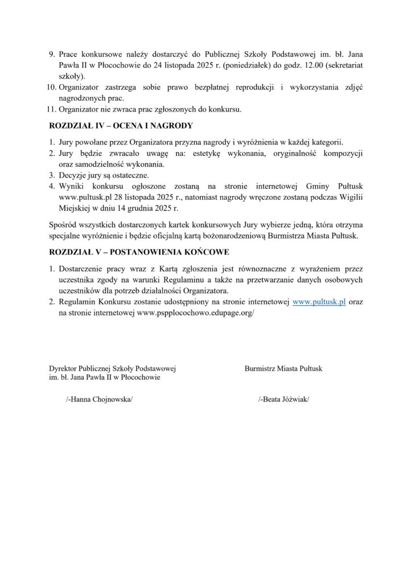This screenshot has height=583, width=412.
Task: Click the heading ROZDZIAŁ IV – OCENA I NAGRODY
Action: [121, 125]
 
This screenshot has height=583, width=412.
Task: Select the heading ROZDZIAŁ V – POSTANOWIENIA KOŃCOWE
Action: [139, 252]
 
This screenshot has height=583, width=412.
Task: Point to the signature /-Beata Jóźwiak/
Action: [283, 400]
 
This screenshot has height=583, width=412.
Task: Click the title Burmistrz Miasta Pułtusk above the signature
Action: [283, 368]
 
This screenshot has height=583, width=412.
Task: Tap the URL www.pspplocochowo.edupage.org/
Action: [196, 313]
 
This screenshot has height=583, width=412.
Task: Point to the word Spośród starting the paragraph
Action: [63, 224]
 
